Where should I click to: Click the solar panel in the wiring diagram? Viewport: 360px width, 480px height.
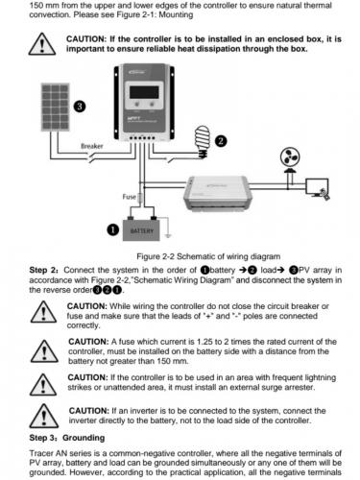pyautogui.click(x=56, y=107)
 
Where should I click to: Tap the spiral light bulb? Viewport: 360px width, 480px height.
pyautogui.click(x=202, y=142)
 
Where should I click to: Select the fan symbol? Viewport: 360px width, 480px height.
pyautogui.click(x=290, y=157)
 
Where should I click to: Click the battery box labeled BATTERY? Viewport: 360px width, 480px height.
pyautogui.click(x=141, y=228)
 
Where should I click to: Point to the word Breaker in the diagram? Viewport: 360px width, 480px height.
pyautogui.click(x=92, y=146)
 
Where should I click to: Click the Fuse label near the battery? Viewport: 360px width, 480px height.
pyautogui.click(x=129, y=197)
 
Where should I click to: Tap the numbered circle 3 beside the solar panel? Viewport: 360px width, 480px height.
pyautogui.click(x=80, y=107)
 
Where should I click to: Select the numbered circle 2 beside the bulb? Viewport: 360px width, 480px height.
pyautogui.click(x=221, y=141)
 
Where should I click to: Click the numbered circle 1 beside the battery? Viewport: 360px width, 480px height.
pyautogui.click(x=112, y=230)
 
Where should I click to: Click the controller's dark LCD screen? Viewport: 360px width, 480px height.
pyautogui.click(x=144, y=92)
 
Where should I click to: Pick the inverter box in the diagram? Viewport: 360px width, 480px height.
pyautogui.click(x=218, y=193)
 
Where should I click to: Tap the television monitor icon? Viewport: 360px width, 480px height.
pyautogui.click(x=317, y=188)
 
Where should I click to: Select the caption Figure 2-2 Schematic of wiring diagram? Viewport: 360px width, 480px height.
pyautogui.click(x=208, y=256)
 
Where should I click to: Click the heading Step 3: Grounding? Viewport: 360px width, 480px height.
pyautogui.click(x=67, y=438)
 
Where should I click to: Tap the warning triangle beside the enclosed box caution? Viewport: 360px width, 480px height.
pyautogui.click(x=42, y=44)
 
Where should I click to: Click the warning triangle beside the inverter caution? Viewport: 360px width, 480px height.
pyautogui.click(x=44, y=416)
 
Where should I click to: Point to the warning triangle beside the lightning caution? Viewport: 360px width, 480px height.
pyautogui.click(x=43, y=384)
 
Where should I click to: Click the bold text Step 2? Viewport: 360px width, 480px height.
pyautogui.click(x=44, y=270)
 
